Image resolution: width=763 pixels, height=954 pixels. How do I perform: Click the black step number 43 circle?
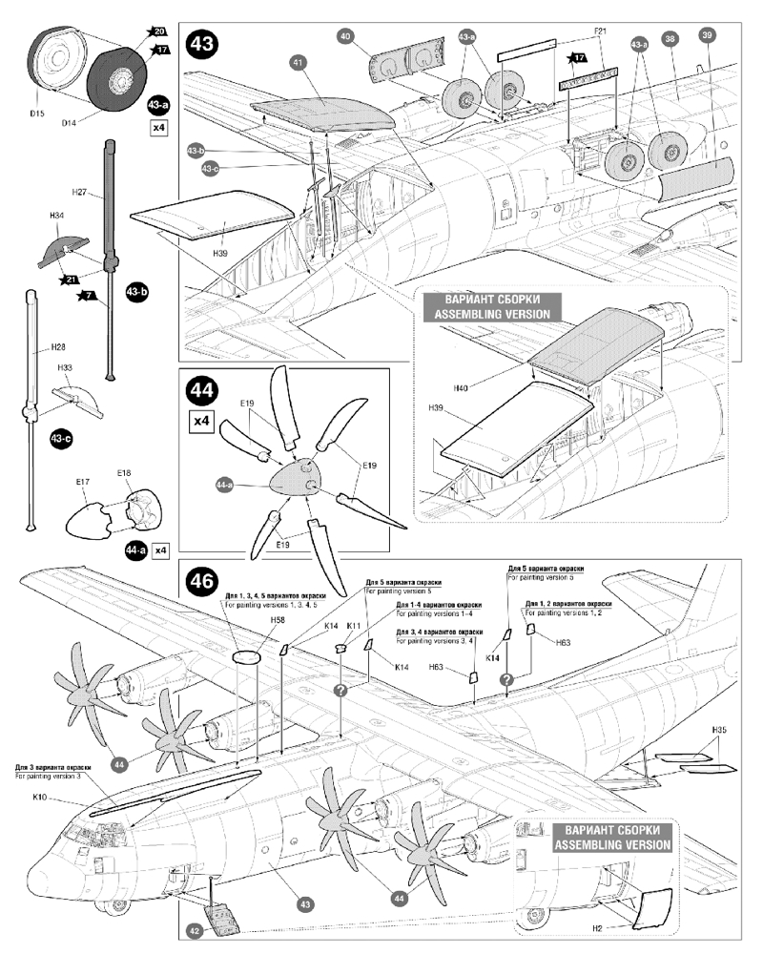tap(201, 44)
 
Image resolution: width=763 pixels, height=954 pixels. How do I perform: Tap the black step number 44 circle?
tap(201, 391)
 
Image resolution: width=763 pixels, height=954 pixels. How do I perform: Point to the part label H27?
tap(80, 192)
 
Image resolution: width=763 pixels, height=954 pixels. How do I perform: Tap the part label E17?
tap(81, 483)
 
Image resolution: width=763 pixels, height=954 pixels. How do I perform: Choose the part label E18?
tap(123, 473)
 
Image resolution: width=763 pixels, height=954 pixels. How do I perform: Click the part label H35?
tap(719, 730)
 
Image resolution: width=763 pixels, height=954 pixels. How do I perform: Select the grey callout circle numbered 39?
tap(707, 37)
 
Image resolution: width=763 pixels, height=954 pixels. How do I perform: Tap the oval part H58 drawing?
tap(245, 657)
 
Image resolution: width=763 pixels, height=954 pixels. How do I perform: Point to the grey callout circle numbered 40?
tap(346, 36)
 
